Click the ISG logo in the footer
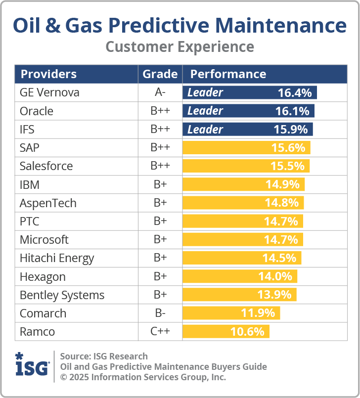(32, 365)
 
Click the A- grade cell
(160, 92)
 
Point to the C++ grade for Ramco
(160, 332)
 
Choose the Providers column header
(48, 74)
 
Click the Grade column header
(160, 74)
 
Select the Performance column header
(228, 74)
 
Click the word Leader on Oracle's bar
(205, 111)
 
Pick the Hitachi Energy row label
(56, 258)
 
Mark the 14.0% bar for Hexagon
(240, 276)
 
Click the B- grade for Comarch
(160, 313)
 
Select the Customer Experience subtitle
(180, 47)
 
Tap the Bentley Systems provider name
(62, 295)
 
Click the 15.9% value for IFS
(290, 130)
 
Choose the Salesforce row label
(46, 166)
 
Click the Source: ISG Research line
(104, 356)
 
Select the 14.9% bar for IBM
(243, 184)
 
